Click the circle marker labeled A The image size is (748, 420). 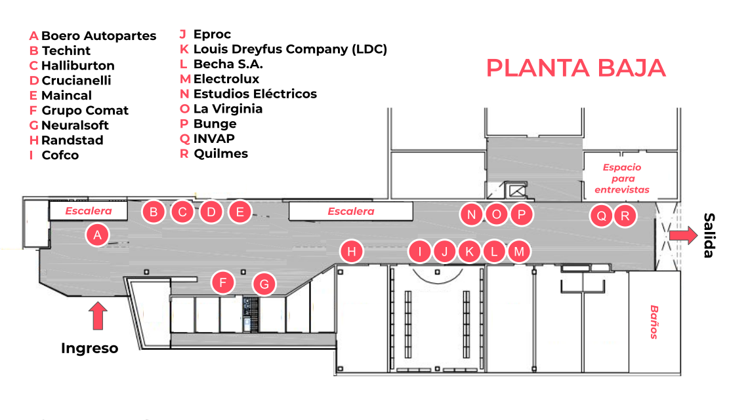tap(97, 235)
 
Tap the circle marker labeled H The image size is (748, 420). tap(352, 252)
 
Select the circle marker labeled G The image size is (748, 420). tap(264, 284)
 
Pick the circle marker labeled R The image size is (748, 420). tap(625, 216)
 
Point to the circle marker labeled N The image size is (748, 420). tap(471, 214)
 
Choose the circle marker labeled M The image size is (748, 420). tap(519, 251)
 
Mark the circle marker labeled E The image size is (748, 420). tap(240, 212)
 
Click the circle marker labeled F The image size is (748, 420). tap(223, 283)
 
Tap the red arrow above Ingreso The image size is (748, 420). tap(98, 316)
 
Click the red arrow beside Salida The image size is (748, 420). tap(683, 235)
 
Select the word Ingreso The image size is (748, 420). tap(90, 348)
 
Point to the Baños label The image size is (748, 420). tap(654, 322)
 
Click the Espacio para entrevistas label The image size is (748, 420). tap(622, 179)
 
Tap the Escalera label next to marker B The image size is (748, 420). tap(89, 211)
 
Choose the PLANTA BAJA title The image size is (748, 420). tap(576, 68)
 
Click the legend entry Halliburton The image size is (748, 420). tap(78, 66)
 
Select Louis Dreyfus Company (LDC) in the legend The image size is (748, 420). tap(290, 49)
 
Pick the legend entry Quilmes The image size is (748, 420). tap(221, 154)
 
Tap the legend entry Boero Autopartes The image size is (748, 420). tap(98, 36)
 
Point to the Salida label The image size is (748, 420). tap(709, 235)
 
